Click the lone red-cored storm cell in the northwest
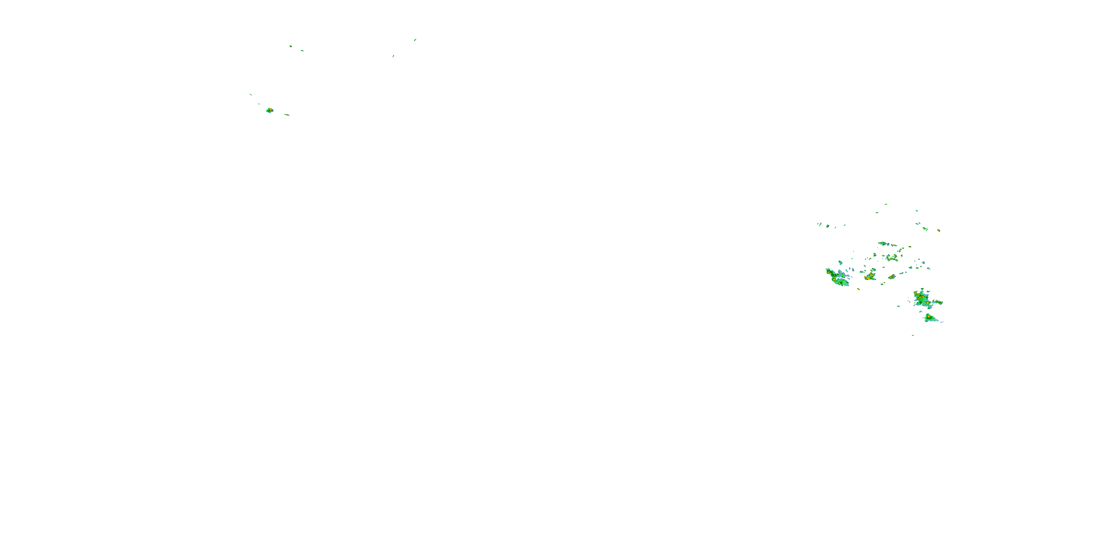pyautogui.click(x=270, y=110)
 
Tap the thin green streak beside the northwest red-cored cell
pyautogui.click(x=287, y=114)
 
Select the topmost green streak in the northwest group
pyautogui.click(x=415, y=40)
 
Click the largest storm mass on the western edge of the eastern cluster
pyautogui.click(x=837, y=278)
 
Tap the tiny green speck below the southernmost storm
pyautogui.click(x=913, y=335)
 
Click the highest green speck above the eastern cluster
pyautogui.click(x=885, y=204)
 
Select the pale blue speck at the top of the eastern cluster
pyautogui.click(x=917, y=211)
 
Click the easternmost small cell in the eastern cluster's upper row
pyautogui.click(x=939, y=230)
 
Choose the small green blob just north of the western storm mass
pyautogui.click(x=840, y=263)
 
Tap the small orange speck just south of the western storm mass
pyautogui.click(x=859, y=289)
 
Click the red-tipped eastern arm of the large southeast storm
pyautogui.click(x=938, y=302)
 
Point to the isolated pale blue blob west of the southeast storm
pyautogui.click(x=898, y=306)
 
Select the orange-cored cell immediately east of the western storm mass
pyautogui.click(x=869, y=276)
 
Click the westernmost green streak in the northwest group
pyautogui.click(x=251, y=94)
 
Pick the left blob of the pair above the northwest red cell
pyautogui.click(x=290, y=45)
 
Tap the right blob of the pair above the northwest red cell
pyautogui.click(x=302, y=51)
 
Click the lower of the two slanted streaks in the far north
pyautogui.click(x=393, y=56)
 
